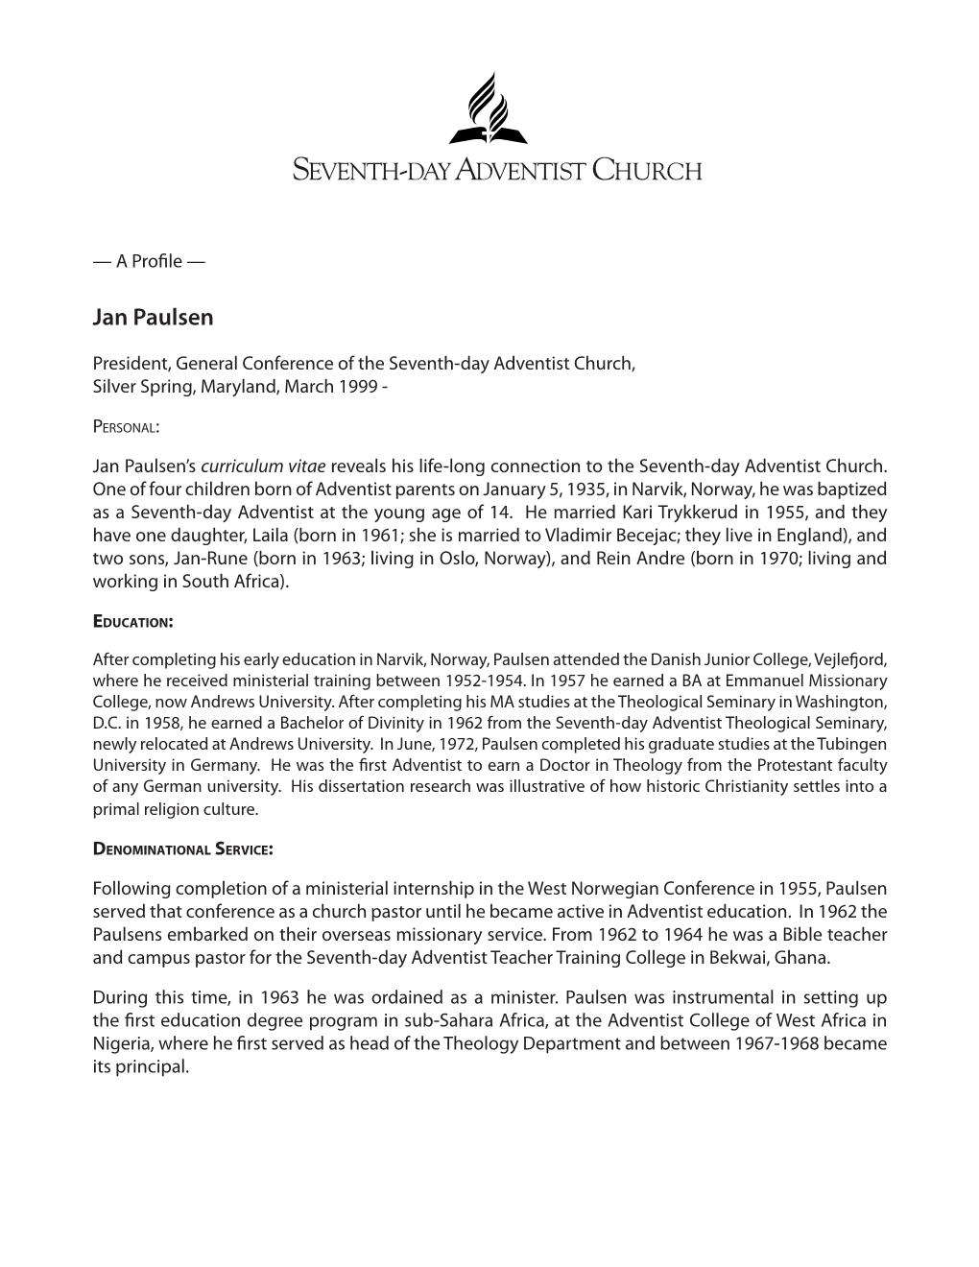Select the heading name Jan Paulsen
click(154, 318)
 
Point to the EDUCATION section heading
click(132, 621)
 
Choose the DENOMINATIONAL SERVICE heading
click(183, 849)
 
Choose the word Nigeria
click(122, 1043)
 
